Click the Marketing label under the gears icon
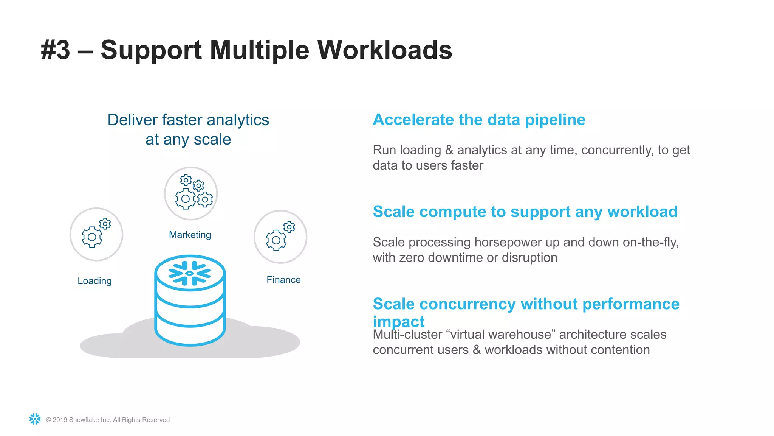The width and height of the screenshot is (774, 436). (190, 235)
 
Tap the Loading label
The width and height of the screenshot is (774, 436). (94, 281)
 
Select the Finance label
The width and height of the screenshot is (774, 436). (283, 280)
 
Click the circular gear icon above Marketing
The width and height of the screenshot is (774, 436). (191, 193)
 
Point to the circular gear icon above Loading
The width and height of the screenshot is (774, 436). (96, 234)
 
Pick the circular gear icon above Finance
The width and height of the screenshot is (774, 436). (280, 237)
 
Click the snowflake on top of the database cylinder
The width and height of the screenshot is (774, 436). (190, 273)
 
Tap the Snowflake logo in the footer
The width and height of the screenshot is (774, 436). (35, 419)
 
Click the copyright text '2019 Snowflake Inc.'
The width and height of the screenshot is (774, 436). (108, 420)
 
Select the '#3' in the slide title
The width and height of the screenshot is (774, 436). (56, 50)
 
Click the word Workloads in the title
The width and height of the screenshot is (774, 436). (384, 50)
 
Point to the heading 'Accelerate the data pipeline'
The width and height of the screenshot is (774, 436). (479, 120)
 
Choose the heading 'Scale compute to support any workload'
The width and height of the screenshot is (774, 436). (525, 212)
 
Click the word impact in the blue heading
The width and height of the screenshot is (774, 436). (399, 322)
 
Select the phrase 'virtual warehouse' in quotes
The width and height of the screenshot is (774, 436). (501, 335)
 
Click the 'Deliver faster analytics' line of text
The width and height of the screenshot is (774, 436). (188, 120)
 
